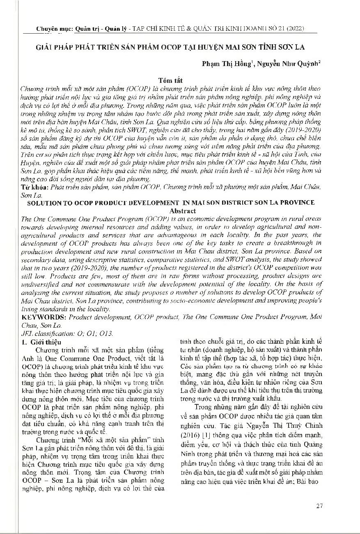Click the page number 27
coord(319,506)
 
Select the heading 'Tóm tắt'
coord(171,81)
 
